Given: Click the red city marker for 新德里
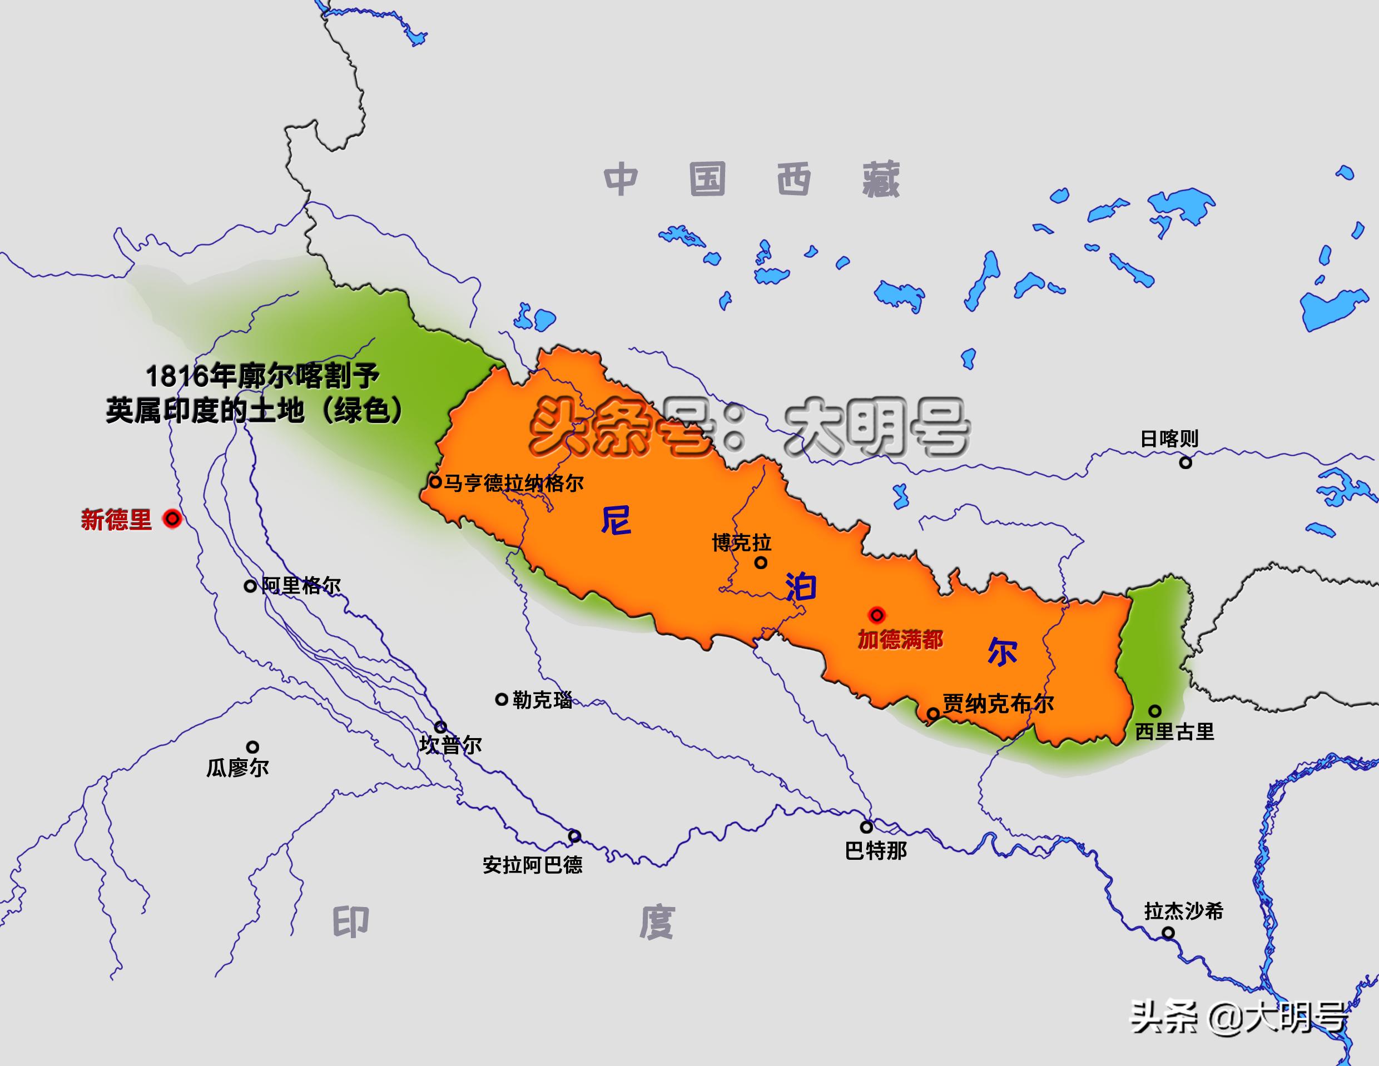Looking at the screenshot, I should [172, 519].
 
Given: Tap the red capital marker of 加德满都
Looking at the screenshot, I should [876, 614].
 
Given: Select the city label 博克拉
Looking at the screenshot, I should [741, 543].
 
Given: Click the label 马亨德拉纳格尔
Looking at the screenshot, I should [513, 484].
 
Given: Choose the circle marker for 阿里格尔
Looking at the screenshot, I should [250, 586].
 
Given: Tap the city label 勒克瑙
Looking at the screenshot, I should [542, 700].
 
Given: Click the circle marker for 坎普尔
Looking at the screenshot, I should [440, 727].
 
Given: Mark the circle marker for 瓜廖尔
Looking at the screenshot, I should [252, 748].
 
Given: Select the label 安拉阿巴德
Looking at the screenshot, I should [532, 865].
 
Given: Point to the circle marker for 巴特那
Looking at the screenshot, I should [867, 827].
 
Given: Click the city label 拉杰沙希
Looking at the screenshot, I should [1184, 911].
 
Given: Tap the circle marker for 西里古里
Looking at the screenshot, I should [1155, 711].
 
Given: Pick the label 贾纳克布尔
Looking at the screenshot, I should [998, 704].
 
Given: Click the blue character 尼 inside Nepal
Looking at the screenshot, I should [616, 521].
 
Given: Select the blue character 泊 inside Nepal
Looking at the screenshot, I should [801, 587].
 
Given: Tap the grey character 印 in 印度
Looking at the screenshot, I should [350, 923].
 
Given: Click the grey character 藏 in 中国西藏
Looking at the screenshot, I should [881, 180].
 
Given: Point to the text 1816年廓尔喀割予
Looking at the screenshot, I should [262, 377].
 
